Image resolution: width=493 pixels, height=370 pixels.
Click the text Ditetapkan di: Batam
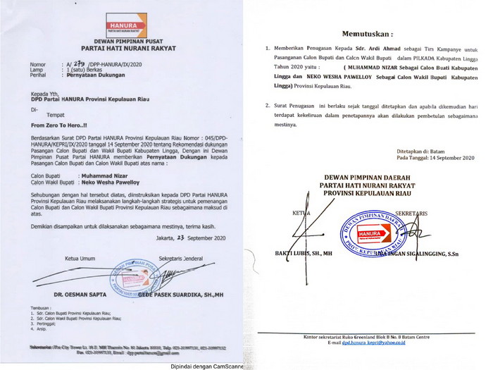tap(422, 152)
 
